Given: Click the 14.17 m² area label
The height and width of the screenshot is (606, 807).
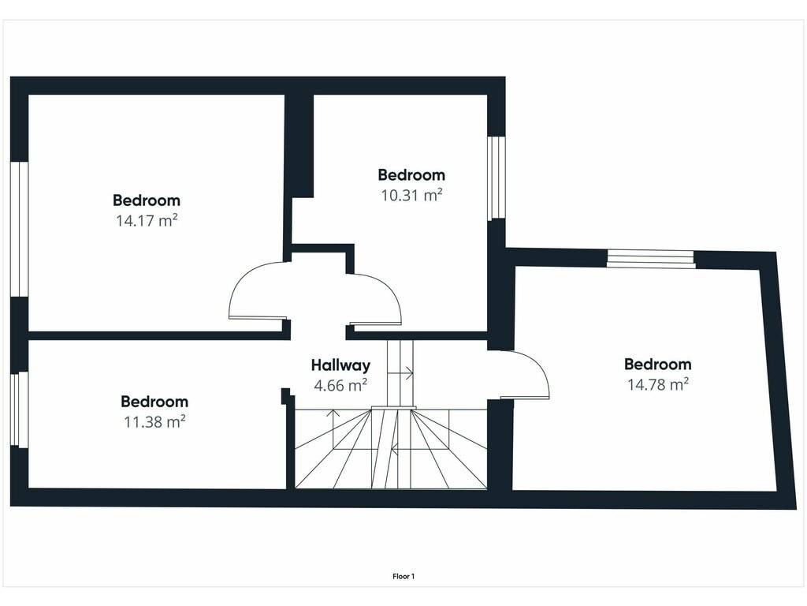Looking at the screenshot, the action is click(147, 221).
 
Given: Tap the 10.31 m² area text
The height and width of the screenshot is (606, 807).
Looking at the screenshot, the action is click(411, 196).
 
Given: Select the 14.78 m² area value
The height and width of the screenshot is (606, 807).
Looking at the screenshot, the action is click(658, 384).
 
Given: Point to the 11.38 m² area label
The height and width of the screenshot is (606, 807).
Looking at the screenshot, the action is click(154, 422).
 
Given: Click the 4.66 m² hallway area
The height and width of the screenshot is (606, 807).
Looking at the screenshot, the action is click(340, 385).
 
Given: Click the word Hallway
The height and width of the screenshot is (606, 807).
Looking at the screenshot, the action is click(340, 365).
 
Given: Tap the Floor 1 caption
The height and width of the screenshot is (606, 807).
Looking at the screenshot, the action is click(403, 577).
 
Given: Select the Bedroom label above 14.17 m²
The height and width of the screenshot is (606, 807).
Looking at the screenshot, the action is click(147, 200).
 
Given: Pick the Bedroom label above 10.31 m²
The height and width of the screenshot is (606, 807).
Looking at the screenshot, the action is click(411, 174).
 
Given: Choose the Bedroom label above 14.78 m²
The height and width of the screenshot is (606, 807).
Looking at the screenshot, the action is click(658, 365).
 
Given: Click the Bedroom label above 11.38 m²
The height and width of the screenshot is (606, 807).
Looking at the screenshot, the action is click(154, 402).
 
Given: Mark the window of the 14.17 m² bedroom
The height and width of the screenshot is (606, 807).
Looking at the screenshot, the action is click(19, 230).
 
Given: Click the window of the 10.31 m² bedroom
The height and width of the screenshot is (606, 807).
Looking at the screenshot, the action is click(496, 178).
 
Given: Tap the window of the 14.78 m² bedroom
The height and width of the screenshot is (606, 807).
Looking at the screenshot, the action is click(650, 258).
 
